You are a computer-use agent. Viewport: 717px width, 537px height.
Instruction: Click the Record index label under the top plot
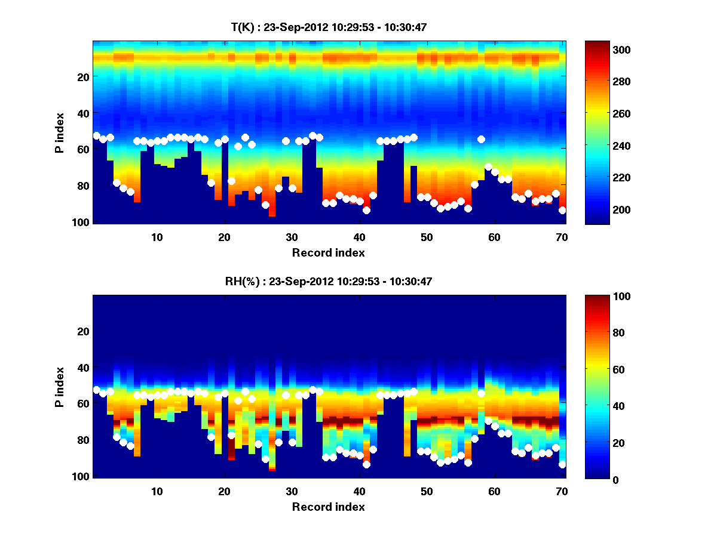[329, 252]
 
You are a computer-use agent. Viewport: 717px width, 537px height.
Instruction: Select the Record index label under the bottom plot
[329, 507]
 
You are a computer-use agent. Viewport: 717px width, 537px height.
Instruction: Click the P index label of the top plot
[60, 132]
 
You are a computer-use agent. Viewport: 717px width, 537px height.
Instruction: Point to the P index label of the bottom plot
[60, 387]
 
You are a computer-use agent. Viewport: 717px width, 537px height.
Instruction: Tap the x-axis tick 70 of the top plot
[562, 237]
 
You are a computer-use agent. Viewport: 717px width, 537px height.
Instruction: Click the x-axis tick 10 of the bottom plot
[157, 491]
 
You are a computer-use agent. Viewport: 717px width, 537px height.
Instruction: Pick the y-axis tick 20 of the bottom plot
[83, 331]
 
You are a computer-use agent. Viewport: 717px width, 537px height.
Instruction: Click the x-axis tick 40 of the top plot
[359, 237]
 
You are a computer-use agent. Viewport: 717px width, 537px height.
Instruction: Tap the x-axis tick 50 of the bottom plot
[427, 491]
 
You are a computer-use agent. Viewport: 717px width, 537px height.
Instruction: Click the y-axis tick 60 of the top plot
[83, 149]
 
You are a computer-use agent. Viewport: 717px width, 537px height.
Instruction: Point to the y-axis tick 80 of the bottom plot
[83, 440]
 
